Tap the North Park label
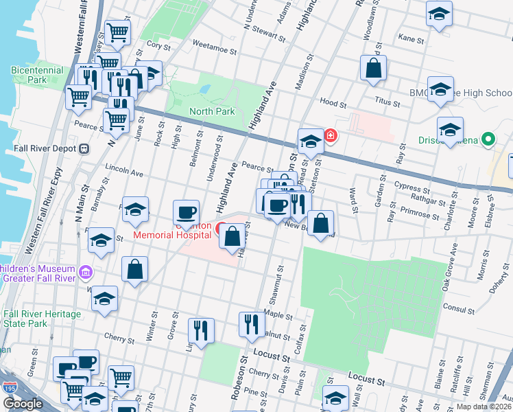[x=212, y=111]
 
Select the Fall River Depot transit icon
[x=84, y=148]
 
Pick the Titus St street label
[x=387, y=100]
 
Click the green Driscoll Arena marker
[x=488, y=140]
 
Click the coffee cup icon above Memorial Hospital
[x=186, y=211]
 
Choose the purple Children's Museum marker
[x=85, y=273]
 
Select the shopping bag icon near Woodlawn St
[x=372, y=69]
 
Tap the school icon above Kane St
[x=439, y=14]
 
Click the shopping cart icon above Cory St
[x=118, y=32]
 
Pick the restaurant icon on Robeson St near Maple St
[x=252, y=323]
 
